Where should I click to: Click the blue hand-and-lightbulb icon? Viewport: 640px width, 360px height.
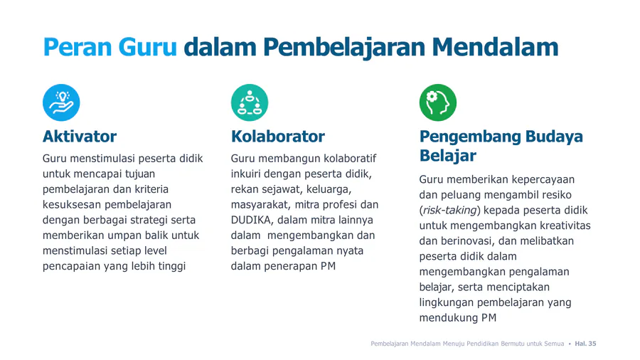tap(61, 102)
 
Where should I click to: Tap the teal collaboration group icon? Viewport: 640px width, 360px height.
tap(250, 102)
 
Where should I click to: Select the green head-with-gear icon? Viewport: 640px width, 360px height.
tap(438, 102)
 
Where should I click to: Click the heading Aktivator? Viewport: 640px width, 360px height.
tap(80, 137)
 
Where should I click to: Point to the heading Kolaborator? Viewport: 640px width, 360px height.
tap(278, 137)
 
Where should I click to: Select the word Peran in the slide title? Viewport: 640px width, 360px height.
tap(78, 47)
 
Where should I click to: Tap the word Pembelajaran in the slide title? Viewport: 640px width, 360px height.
tap(344, 48)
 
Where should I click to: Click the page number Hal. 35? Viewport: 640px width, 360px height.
tap(585, 344)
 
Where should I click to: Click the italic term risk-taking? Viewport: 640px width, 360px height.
tap(450, 210)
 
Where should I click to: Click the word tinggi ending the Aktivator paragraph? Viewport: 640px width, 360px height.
tap(172, 267)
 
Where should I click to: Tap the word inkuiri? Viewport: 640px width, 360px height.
tap(246, 174)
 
